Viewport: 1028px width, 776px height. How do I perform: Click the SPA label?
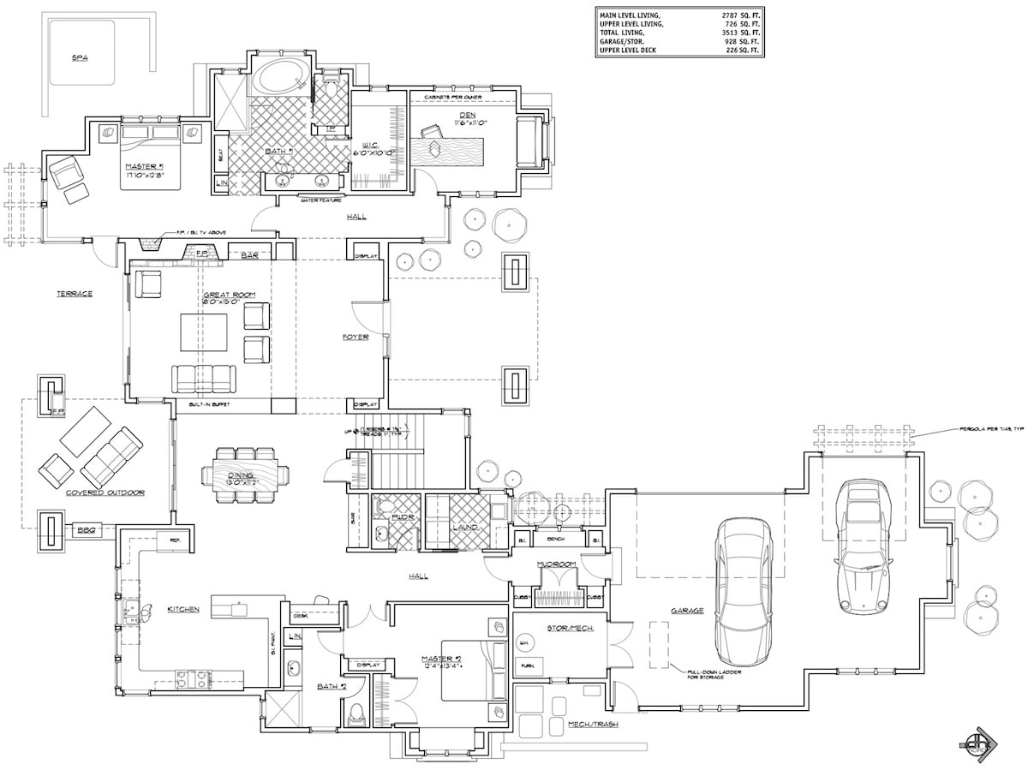[81, 57]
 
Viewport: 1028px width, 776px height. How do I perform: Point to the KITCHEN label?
[183, 610]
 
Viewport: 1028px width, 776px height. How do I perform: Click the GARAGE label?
[687, 611]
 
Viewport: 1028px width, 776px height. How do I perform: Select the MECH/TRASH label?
[592, 725]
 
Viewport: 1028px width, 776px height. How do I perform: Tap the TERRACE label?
[75, 294]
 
